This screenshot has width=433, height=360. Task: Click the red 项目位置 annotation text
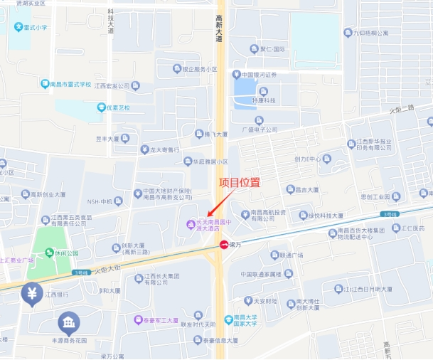pos(239,182)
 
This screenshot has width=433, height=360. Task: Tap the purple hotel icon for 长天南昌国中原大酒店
pos(190,226)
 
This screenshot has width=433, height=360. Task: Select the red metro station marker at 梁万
pos(224,245)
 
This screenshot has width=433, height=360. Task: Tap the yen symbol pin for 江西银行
pos(31,292)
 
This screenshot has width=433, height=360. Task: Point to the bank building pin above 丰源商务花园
pos(69,324)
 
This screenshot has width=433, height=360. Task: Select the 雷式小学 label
pos(34,28)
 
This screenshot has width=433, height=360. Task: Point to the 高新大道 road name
pos(220,28)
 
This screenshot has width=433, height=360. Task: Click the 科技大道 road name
pos(111,21)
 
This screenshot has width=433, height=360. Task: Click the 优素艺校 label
pos(118,107)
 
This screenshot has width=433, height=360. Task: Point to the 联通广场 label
pos(291,255)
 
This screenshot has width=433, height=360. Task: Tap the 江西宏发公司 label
pos(114,85)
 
